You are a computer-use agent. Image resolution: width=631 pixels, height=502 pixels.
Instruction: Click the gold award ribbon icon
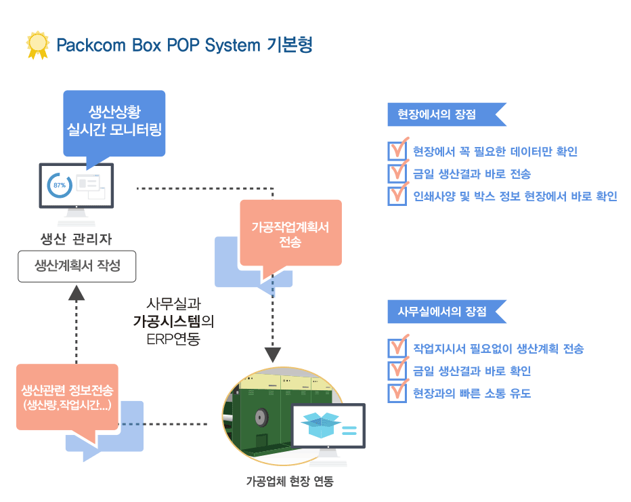coord(38,45)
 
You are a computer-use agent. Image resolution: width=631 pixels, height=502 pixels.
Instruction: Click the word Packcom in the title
coord(91,45)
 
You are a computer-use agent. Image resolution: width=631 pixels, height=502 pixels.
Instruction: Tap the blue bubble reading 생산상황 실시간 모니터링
coord(114,123)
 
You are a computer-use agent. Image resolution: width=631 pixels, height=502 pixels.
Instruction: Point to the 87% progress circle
coord(60,185)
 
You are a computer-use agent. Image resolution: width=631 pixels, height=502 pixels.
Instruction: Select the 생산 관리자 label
coord(76,239)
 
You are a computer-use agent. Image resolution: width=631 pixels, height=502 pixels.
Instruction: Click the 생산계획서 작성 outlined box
coord(77,266)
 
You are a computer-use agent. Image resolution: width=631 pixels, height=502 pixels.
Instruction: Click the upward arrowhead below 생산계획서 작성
coord(77,293)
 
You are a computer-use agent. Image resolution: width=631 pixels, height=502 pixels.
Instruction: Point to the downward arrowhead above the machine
coord(272,355)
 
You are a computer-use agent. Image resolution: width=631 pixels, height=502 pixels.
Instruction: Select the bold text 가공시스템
coord(167,321)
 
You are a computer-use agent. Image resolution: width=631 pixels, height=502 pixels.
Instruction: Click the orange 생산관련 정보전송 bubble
coord(67,398)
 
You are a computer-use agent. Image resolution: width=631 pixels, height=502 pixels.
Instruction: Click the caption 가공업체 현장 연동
coord(290,481)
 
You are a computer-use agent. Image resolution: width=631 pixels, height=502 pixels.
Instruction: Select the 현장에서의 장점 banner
coord(447,114)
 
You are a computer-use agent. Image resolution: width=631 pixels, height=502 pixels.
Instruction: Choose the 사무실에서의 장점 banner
coord(447,312)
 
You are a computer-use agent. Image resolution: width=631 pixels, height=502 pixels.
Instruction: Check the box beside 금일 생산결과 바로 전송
coord(397,173)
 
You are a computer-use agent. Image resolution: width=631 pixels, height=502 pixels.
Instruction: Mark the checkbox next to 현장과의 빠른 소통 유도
coord(397,393)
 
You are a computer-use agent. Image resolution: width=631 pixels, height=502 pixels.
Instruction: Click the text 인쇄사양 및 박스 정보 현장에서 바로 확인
coord(515,196)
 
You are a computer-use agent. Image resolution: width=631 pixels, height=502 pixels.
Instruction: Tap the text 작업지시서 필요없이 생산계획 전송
coord(498,349)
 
